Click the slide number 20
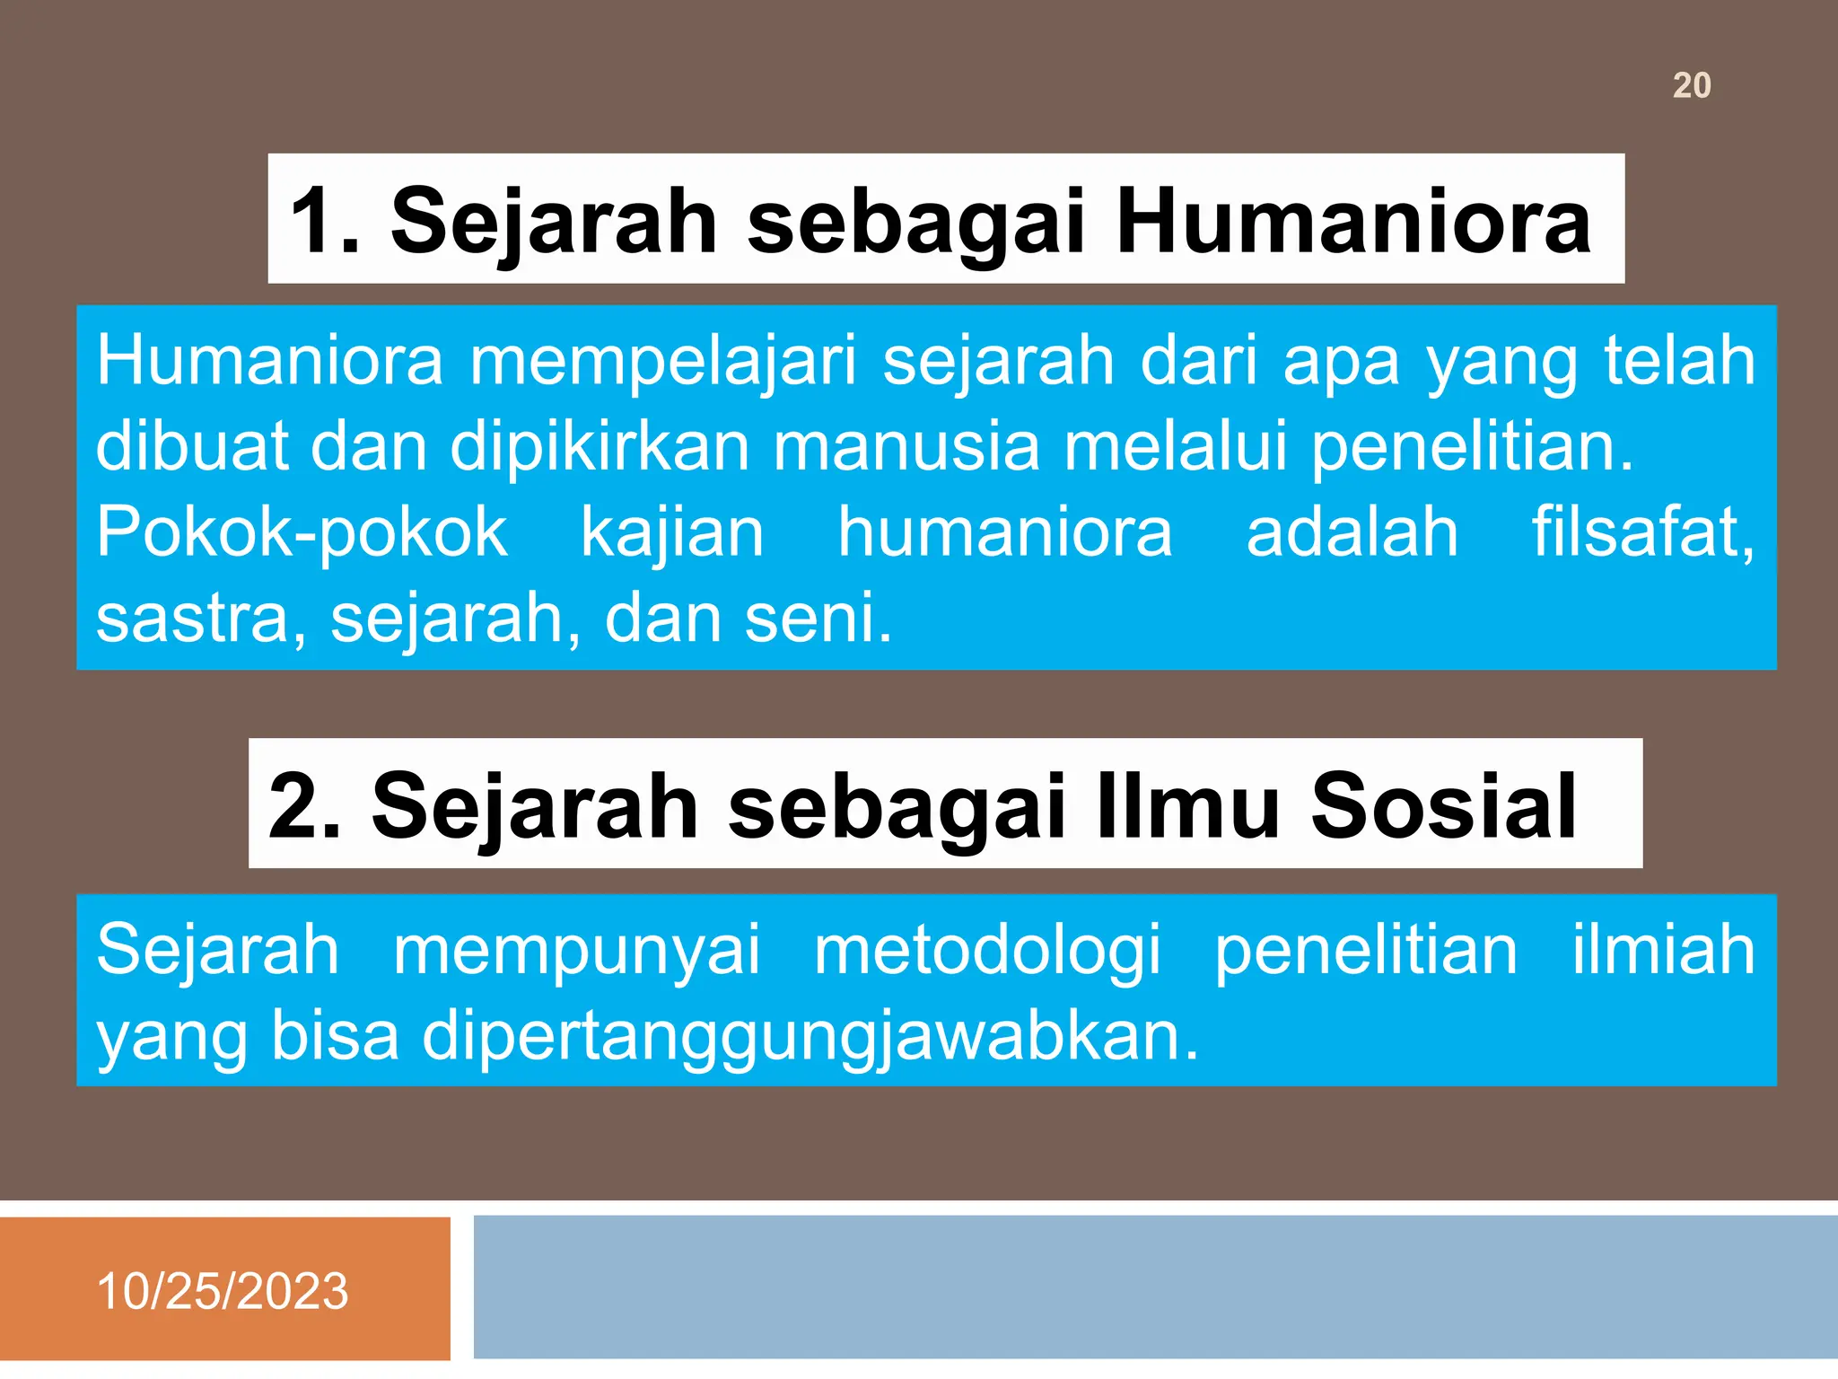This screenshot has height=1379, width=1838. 1692,86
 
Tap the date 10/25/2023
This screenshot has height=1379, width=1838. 222,1291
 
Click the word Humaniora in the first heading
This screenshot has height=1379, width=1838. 1352,222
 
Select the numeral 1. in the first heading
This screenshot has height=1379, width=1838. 326,222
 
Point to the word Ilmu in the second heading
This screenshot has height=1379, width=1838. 1187,806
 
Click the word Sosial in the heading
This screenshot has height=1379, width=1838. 1443,806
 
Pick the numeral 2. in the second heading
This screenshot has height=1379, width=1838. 304,806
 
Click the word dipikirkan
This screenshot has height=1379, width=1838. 600,446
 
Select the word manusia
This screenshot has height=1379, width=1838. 906,446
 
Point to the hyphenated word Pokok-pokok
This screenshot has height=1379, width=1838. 302,532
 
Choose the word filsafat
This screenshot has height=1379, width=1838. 1642,532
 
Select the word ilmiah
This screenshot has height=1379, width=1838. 1663,950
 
